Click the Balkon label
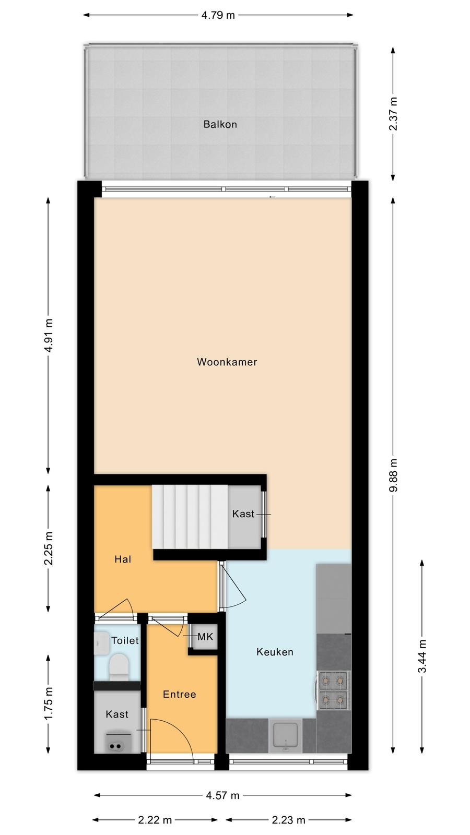(220, 124)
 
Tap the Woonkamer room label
(227, 362)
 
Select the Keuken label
(275, 652)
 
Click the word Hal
(123, 559)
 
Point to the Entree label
(180, 694)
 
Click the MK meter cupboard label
(205, 637)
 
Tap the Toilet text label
(125, 640)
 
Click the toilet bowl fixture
(119, 667)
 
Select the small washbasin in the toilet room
(101, 642)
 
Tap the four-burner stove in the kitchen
(334, 690)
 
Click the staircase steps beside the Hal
(190, 517)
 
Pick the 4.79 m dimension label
(218, 15)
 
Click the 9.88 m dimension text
(393, 475)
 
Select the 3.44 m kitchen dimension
(422, 656)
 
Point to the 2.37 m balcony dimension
(393, 114)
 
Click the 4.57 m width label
(222, 795)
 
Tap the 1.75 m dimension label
(49, 704)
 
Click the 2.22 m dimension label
(155, 820)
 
